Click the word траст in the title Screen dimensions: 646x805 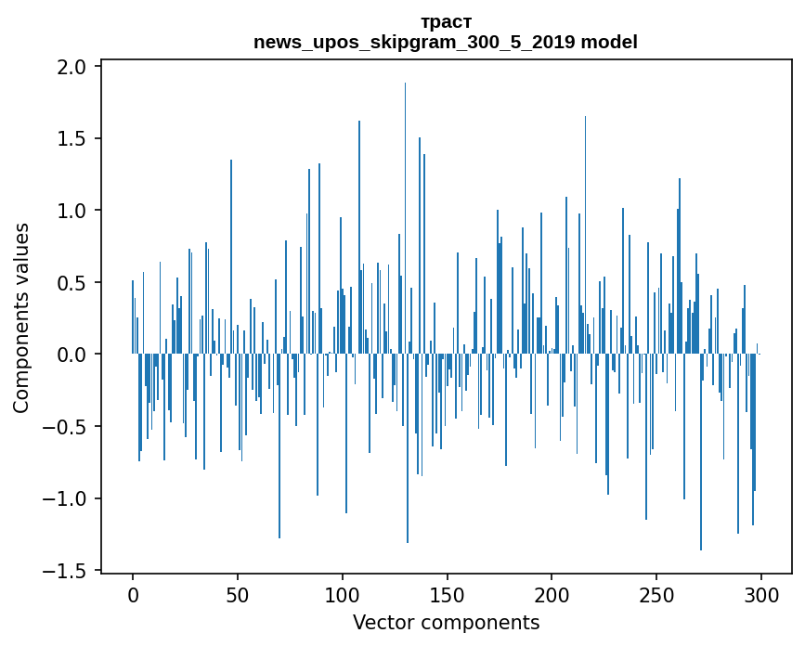pyautogui.click(x=446, y=22)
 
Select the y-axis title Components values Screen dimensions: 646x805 pyautogui.click(x=21, y=317)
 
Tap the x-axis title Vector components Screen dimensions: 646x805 pyautogui.click(x=446, y=622)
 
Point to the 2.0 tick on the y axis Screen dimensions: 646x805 pyautogui.click(x=72, y=67)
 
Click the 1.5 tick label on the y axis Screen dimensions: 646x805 pyautogui.click(x=72, y=139)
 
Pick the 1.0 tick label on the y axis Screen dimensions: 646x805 pyautogui.click(x=72, y=211)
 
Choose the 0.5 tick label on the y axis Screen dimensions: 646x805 pyautogui.click(x=72, y=283)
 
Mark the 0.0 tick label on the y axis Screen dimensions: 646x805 pyautogui.click(x=72, y=355)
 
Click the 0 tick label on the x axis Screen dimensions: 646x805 pyautogui.click(x=133, y=594)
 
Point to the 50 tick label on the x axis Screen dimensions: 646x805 pyautogui.click(x=238, y=594)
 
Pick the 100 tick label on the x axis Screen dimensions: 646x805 pyautogui.click(x=343, y=594)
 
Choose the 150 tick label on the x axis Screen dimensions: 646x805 pyautogui.click(x=447, y=594)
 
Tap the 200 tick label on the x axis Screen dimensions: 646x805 pyautogui.click(x=552, y=594)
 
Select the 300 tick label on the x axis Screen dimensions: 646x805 pyautogui.click(x=761, y=594)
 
